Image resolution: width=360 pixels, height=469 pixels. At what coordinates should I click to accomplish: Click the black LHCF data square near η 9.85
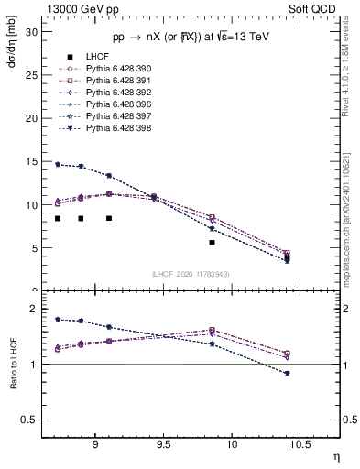[x=212, y=243]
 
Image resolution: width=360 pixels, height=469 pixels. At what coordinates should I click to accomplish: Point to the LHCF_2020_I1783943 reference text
[x=191, y=274]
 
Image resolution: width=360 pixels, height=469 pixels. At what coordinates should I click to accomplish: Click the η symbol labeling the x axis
[x=334, y=455]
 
